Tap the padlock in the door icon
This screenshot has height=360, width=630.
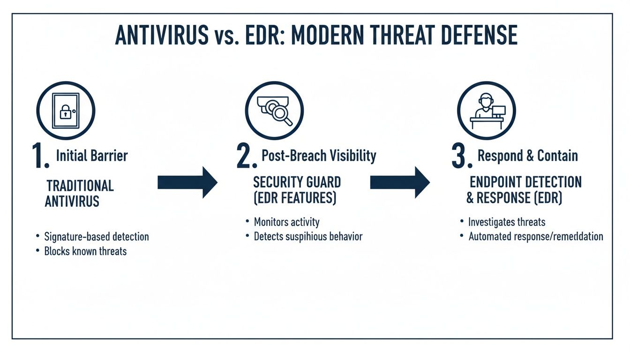coord(65,113)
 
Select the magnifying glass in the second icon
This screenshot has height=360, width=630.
coord(281,114)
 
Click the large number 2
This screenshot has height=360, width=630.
coord(246,157)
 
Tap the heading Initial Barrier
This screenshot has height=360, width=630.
coord(92,156)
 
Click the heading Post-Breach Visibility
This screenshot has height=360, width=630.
coord(319,156)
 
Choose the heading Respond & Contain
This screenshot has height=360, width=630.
coord(527,156)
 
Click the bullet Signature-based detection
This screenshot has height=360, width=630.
coord(96,237)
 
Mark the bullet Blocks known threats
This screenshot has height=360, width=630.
coord(85,251)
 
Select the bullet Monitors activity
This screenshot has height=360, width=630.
coord(286,222)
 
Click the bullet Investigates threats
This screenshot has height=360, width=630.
coord(507,222)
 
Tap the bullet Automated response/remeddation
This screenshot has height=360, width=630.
coord(535,236)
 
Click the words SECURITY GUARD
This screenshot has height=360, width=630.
coord(297,182)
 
